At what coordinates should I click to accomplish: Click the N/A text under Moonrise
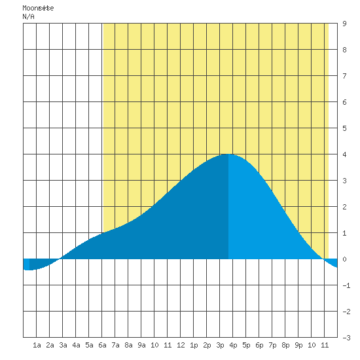[28, 16]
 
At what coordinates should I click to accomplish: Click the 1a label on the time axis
[37, 345]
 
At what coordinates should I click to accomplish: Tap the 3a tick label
[63, 345]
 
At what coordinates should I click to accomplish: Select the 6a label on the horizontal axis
[102, 345]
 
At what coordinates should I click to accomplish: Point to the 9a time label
[141, 345]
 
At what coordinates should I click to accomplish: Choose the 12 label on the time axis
[181, 345]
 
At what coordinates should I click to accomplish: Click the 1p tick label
[194, 345]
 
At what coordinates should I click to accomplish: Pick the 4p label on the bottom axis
[233, 345]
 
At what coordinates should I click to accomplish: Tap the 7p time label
[272, 345]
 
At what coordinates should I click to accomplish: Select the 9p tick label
[298, 345]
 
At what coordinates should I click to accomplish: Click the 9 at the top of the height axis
[344, 24]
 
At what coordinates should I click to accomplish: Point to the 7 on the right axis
[344, 76]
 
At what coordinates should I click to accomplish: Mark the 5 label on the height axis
[344, 128]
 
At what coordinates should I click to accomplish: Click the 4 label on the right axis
[344, 154]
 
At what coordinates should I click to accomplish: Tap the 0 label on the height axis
[344, 259]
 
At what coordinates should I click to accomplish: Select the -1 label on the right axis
[346, 285]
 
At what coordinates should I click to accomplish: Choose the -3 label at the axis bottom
[346, 338]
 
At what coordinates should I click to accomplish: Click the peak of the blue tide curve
[228, 154]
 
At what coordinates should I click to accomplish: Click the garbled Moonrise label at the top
[38, 8]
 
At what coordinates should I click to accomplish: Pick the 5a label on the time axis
[89, 345]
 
